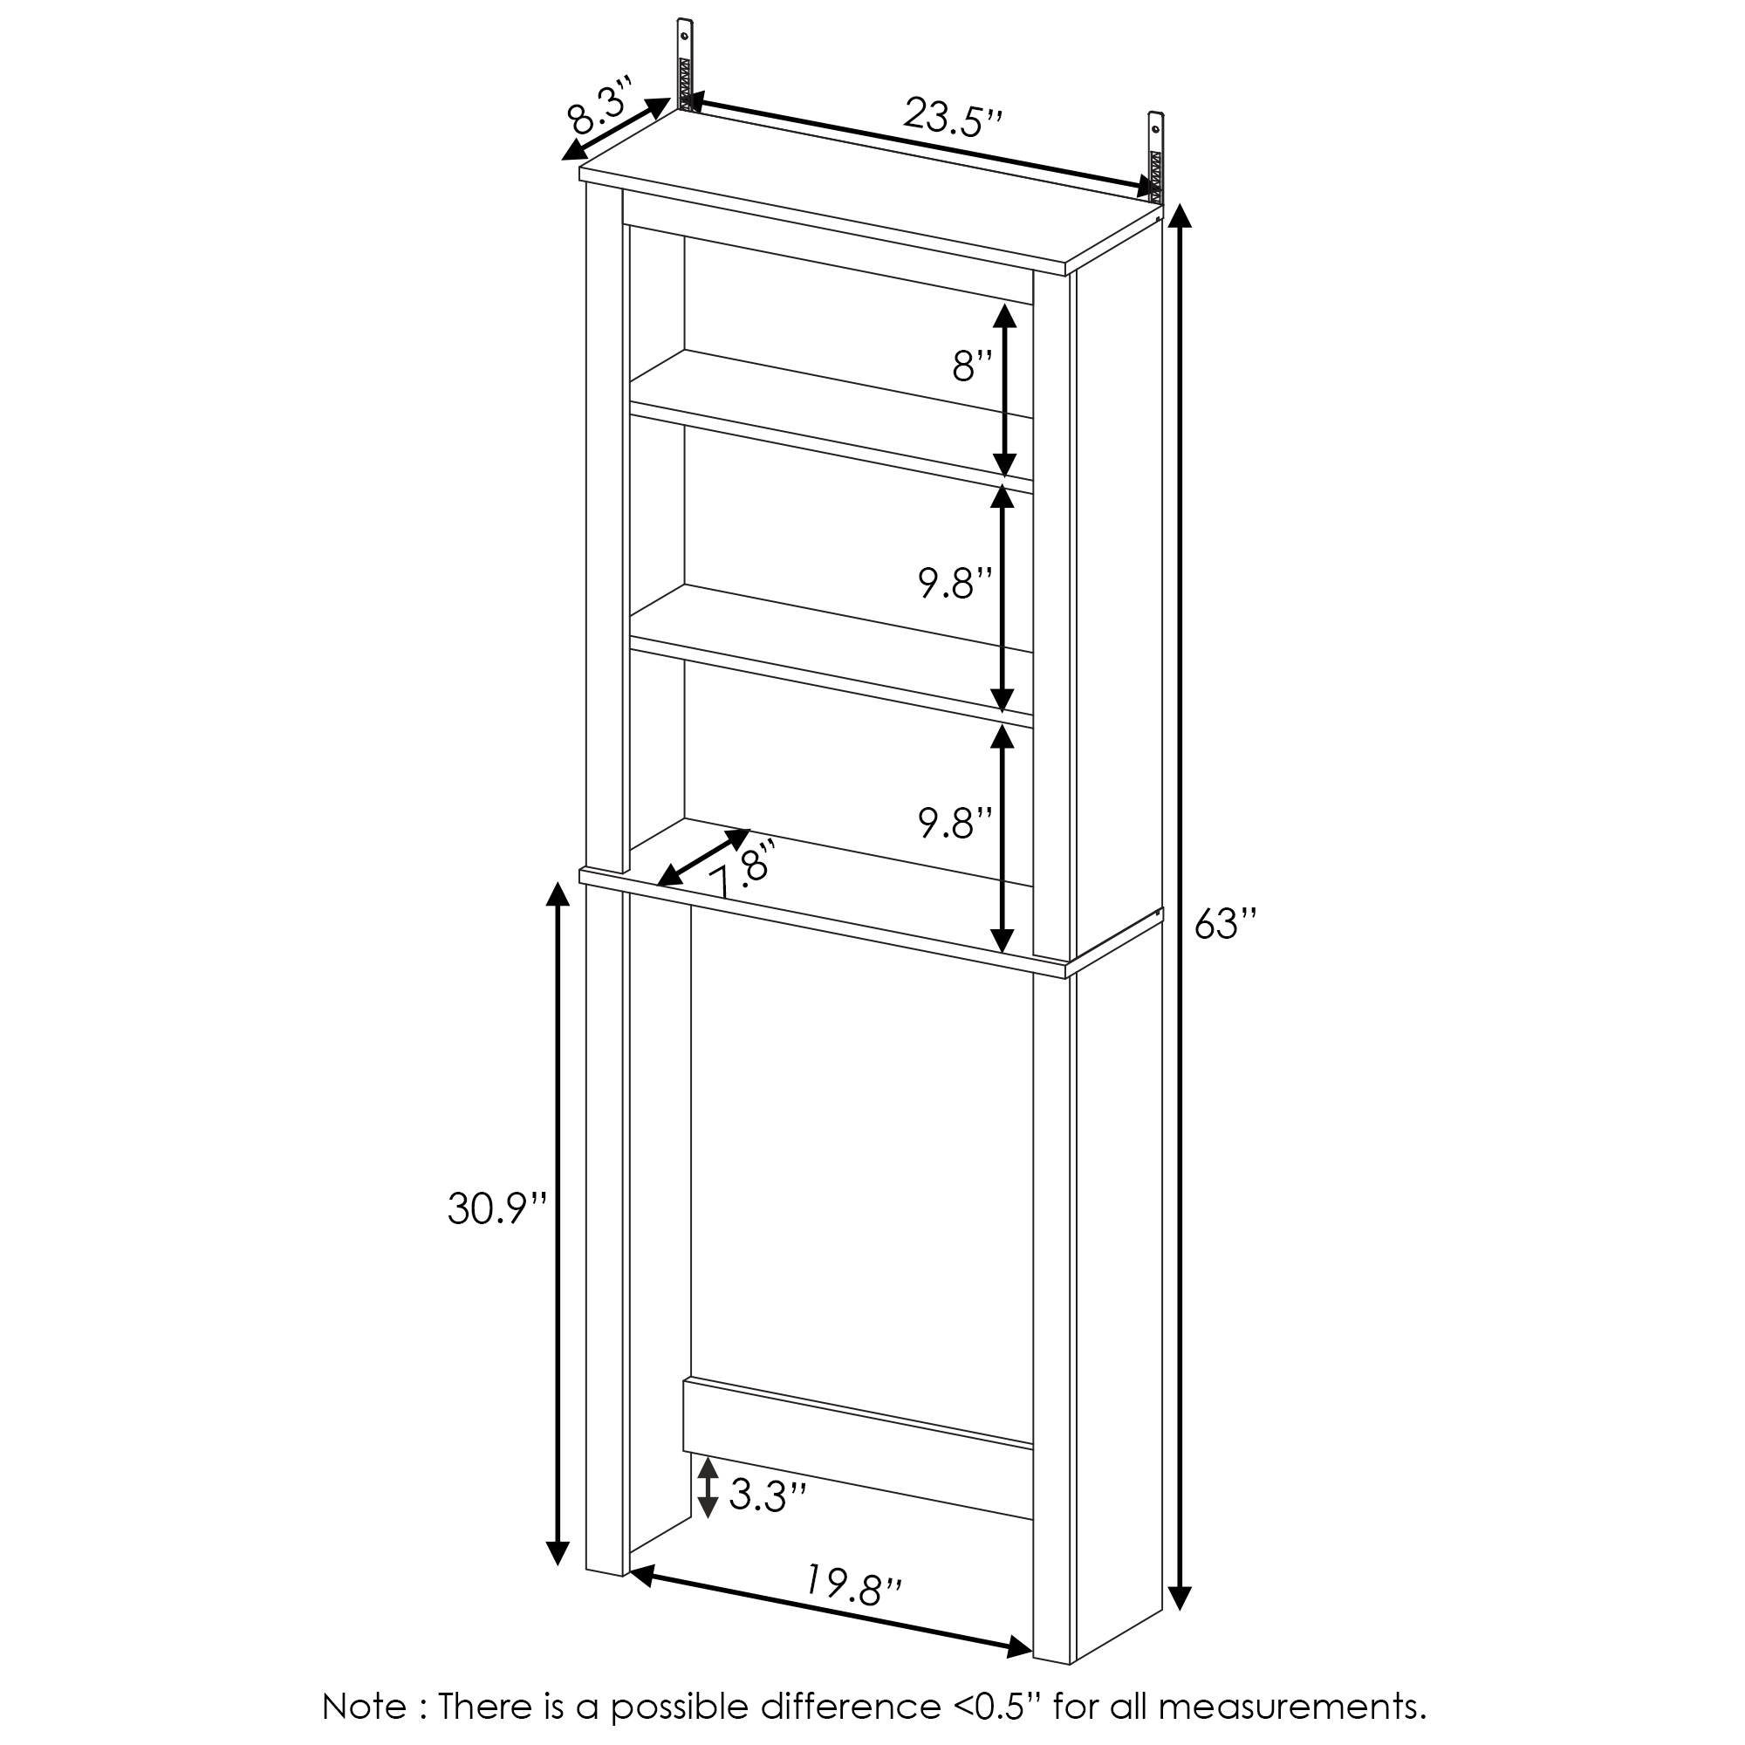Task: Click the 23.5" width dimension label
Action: [953, 118]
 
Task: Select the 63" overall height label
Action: [1226, 924]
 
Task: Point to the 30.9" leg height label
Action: [497, 1208]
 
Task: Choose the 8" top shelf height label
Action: [972, 366]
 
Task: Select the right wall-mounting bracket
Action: [1156, 154]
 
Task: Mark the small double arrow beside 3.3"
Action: [708, 1486]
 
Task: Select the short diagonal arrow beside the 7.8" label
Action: [703, 856]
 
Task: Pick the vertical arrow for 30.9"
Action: [558, 1223]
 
